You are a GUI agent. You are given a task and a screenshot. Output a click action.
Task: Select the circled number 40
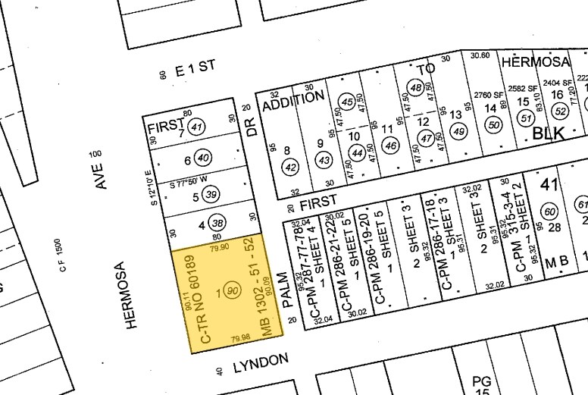click(x=202, y=158)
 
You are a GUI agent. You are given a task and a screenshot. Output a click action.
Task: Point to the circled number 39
click(x=211, y=195)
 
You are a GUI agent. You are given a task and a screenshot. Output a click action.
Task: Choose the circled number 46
click(x=391, y=145)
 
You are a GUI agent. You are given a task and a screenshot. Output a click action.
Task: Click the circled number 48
click(x=415, y=88)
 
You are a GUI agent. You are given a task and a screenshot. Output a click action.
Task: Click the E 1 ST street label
click(x=195, y=68)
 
